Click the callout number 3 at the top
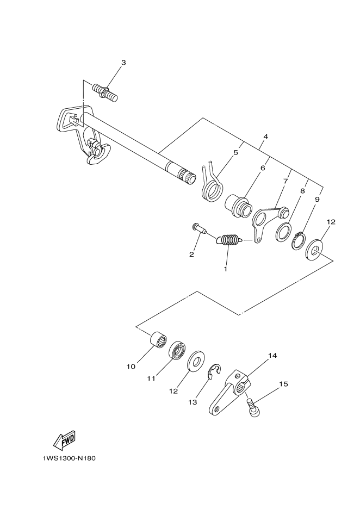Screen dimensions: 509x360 click(x=123, y=63)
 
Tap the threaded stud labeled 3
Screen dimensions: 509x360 click(x=106, y=91)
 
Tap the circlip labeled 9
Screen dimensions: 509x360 click(x=299, y=240)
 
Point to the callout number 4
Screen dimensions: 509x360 click(x=264, y=137)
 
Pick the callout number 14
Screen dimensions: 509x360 click(x=272, y=356)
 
